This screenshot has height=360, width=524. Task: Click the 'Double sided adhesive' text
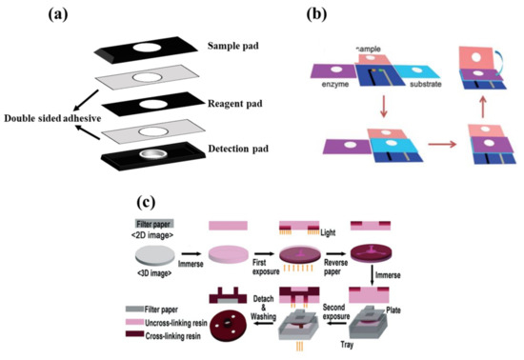[x=57, y=117]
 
